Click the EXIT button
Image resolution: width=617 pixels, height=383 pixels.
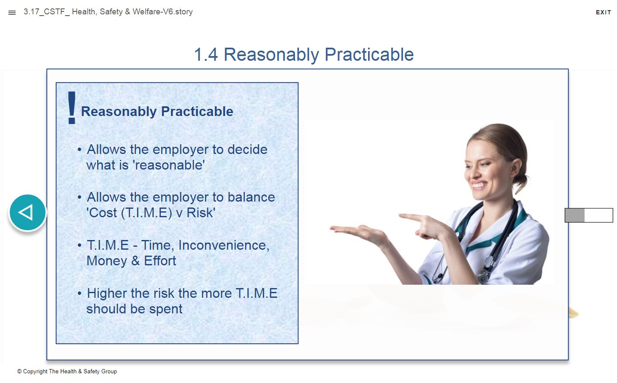pos(603,12)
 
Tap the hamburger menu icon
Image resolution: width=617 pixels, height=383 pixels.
pos(12,13)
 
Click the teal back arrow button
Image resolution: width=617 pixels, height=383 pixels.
pos(27,212)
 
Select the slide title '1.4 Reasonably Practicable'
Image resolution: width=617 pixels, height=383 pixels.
pos(304,55)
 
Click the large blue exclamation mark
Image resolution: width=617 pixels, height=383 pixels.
pos(72,108)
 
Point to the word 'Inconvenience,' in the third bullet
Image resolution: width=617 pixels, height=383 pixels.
pos(224,245)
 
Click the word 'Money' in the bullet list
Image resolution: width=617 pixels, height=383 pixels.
pos(107,261)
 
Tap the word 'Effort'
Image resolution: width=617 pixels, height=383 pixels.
pos(160,261)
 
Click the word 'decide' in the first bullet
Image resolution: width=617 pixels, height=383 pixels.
pos(247,149)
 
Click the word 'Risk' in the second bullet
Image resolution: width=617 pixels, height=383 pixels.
pos(200,213)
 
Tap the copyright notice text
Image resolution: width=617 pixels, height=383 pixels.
pos(67,372)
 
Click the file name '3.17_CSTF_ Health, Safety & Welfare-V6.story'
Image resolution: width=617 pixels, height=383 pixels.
pos(108,12)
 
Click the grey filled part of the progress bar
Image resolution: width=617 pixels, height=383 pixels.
pos(574,215)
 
